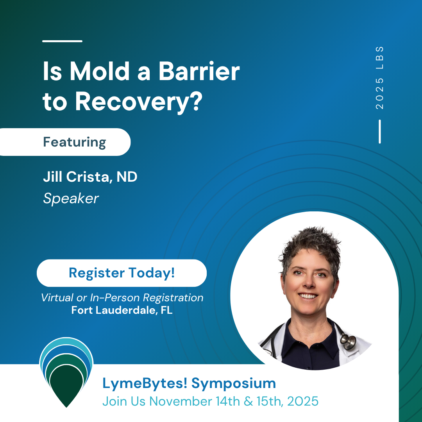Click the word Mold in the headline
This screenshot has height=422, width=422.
point(100,71)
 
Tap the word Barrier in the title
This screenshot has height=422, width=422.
point(199,71)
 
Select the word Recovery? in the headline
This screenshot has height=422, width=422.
point(139,102)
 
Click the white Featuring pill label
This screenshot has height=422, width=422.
point(65,142)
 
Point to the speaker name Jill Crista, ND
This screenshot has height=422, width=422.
point(90,177)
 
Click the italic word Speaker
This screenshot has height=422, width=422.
point(71,198)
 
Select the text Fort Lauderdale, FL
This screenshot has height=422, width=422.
point(122,310)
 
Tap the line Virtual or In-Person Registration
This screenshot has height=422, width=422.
point(122,298)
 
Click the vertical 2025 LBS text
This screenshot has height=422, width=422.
point(379,78)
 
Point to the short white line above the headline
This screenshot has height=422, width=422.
point(62,41)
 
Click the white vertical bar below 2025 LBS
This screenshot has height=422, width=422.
point(379,131)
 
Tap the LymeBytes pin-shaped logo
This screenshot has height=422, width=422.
point(66,372)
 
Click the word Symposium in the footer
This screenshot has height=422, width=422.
point(234,383)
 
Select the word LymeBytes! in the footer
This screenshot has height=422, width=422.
point(145,383)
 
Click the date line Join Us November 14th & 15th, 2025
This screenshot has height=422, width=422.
point(211,401)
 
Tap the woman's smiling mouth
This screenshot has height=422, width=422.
point(308,296)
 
